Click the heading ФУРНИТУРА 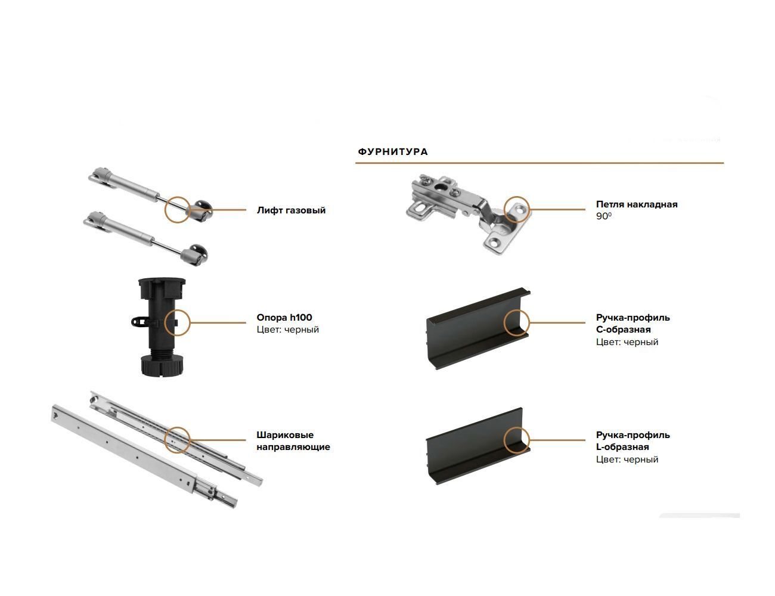[393, 152]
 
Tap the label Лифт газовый [291, 210]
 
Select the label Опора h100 [284, 317]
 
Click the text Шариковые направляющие [293, 440]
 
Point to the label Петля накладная [637, 204]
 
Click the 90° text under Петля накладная [603, 216]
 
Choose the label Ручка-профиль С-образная [633, 323]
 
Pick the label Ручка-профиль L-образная [633, 440]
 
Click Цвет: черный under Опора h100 [287, 330]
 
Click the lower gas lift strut [145, 238]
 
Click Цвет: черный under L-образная [627, 460]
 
